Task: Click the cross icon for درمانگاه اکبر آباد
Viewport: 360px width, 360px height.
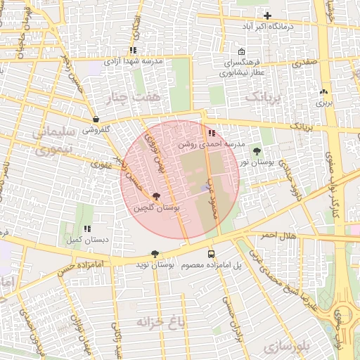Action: (x=267, y=15)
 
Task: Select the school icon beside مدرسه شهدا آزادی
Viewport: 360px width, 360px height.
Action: (x=133, y=51)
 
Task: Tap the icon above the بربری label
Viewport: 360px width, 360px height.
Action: (x=323, y=92)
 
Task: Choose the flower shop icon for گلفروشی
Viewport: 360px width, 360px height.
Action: (x=96, y=120)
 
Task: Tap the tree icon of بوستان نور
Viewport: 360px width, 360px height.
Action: (x=256, y=151)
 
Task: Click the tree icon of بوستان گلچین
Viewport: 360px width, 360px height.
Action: (x=155, y=197)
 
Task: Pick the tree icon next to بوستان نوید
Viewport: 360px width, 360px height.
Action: (x=155, y=254)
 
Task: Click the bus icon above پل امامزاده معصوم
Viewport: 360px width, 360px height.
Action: (x=211, y=254)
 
